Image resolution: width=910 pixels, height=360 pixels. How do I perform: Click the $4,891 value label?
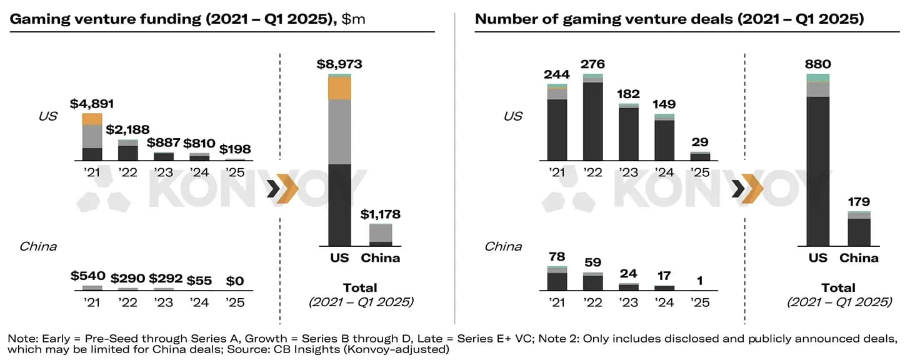tap(92, 104)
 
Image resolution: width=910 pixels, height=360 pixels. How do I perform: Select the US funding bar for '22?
tap(128, 151)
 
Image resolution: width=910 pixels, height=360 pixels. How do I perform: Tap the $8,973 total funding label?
tap(339, 64)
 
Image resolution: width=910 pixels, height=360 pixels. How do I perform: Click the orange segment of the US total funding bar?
tap(339, 88)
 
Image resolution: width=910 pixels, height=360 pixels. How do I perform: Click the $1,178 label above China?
tap(381, 214)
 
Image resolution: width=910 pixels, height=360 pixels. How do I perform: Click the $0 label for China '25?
tap(235, 281)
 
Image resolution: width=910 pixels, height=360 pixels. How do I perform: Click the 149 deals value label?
tap(665, 104)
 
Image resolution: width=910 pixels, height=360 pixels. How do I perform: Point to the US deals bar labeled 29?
tap(701, 156)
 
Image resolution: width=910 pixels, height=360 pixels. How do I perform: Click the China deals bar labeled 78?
tap(557, 279)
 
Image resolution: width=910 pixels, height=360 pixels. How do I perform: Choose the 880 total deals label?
tap(817, 64)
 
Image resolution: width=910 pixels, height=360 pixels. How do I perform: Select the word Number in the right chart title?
tap(502, 19)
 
